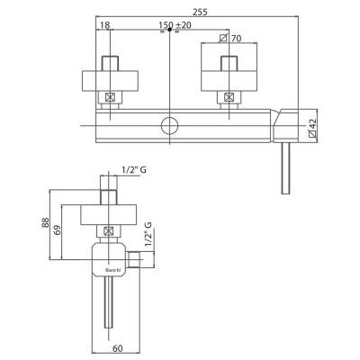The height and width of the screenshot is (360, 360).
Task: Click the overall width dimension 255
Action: click(200, 12)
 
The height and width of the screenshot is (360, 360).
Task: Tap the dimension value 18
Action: click(104, 25)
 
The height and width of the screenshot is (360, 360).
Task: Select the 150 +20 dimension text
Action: click(175, 25)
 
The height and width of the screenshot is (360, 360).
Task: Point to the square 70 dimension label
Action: click(230, 38)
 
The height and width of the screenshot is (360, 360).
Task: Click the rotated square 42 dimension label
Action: click(312, 128)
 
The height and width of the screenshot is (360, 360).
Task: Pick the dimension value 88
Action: click(45, 222)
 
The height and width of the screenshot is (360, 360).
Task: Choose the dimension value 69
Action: click(58, 229)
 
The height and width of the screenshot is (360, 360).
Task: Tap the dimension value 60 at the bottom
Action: click(118, 348)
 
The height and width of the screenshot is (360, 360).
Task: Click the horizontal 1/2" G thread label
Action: click(134, 170)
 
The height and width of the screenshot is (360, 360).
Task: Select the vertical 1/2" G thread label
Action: click(148, 234)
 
